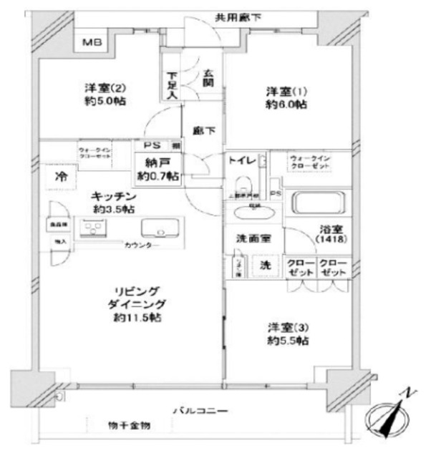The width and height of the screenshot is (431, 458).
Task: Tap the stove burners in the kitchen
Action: click(92, 229)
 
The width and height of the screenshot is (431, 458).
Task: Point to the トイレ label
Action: click(240, 162)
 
